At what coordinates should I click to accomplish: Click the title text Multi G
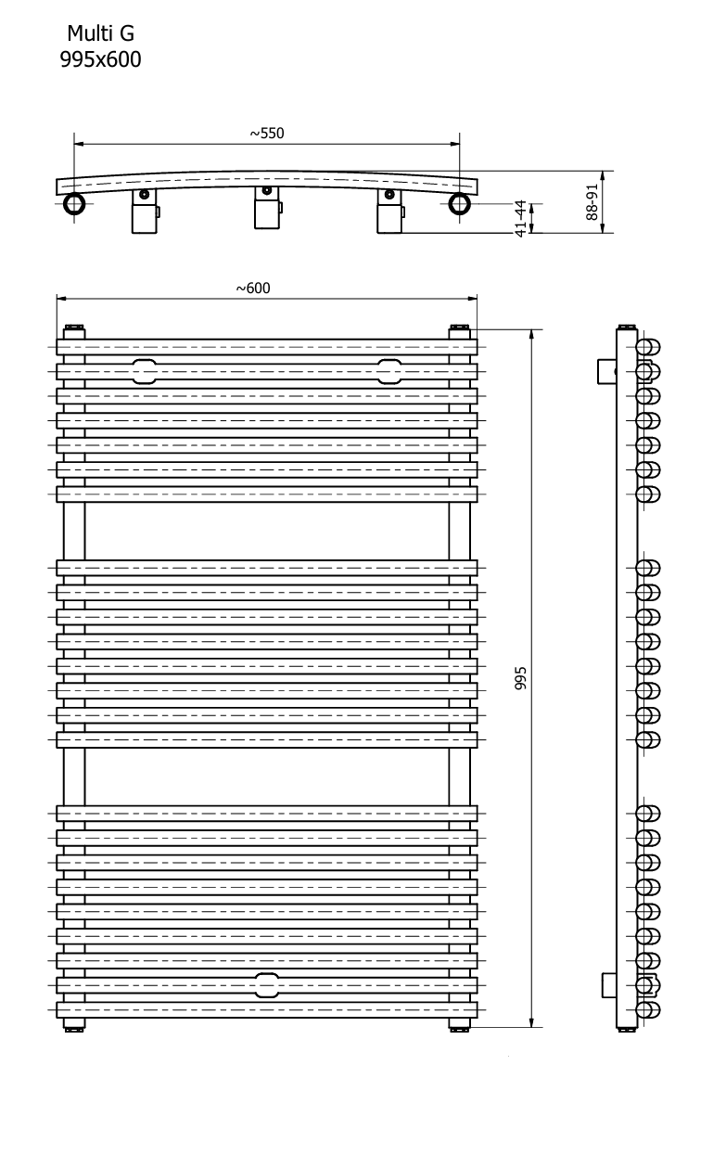point(100,34)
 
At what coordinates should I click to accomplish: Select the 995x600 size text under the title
point(100,59)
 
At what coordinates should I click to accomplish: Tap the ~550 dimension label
point(267,134)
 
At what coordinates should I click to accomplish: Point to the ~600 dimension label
point(253,289)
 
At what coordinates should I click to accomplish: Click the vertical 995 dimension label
point(521,678)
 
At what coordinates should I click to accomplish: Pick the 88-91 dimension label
point(592,202)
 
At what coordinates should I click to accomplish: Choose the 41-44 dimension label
point(521,219)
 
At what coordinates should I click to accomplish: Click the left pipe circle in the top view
point(74,203)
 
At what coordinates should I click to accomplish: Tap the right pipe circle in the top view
point(460,203)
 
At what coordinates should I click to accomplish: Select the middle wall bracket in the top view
point(267,208)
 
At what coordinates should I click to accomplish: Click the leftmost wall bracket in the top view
point(145,212)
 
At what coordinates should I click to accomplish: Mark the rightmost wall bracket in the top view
point(389,212)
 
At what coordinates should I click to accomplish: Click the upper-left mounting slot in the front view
point(145,371)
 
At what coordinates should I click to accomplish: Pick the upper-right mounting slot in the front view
point(389,371)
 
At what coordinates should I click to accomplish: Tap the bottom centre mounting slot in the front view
point(267,985)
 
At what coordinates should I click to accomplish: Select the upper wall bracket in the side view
point(607,371)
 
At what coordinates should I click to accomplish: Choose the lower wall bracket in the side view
point(610,985)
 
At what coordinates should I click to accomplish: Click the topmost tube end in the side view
point(648,347)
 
